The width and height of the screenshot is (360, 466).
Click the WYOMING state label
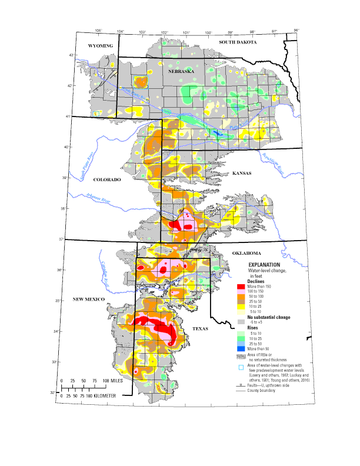point(100,45)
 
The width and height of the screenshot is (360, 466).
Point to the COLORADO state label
point(107,179)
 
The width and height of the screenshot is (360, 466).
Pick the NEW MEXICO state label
point(88,299)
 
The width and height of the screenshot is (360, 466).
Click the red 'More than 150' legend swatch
point(241,287)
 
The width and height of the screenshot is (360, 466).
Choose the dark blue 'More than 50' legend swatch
point(241,349)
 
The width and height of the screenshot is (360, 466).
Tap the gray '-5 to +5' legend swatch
point(241,322)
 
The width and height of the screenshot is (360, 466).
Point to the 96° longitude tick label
point(296,30)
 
